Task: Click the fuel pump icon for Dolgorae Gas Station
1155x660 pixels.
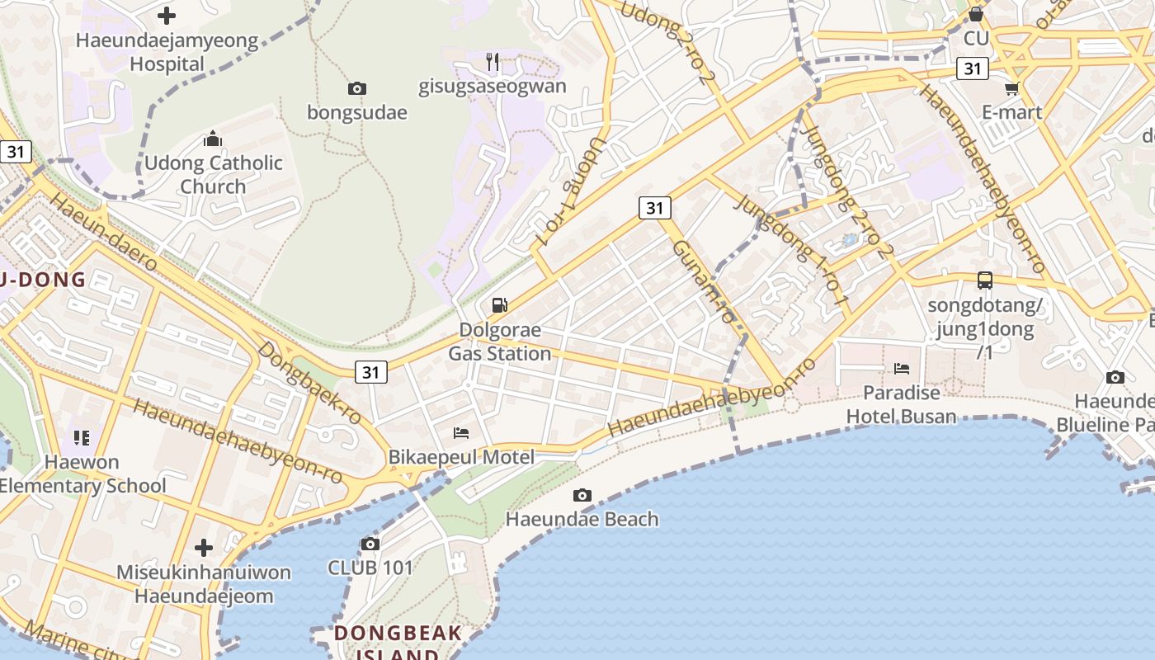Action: pos(499,305)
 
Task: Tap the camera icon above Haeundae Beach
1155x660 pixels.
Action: pos(582,495)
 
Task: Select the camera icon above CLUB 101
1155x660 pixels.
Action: pos(370,544)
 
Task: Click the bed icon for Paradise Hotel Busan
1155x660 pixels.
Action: pos(902,368)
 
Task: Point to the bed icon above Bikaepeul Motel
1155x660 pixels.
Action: pos(461,432)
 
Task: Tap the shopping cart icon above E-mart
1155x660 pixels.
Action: pos(1012,88)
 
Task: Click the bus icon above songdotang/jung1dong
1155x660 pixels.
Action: pos(985,280)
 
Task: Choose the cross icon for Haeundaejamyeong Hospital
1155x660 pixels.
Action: pos(167,16)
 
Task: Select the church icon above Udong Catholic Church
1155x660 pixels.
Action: pos(213,139)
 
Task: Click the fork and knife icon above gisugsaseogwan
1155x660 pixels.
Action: pos(493,61)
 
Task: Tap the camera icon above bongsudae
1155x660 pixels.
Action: pos(357,88)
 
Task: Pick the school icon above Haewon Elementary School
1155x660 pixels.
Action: pos(81,437)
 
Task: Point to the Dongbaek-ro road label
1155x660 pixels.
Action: pos(309,383)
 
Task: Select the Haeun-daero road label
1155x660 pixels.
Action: pos(104,234)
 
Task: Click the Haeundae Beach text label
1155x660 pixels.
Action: pos(582,519)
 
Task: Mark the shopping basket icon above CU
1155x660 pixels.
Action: pos(976,14)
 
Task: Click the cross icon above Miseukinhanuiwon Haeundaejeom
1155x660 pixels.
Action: pos(204,547)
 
